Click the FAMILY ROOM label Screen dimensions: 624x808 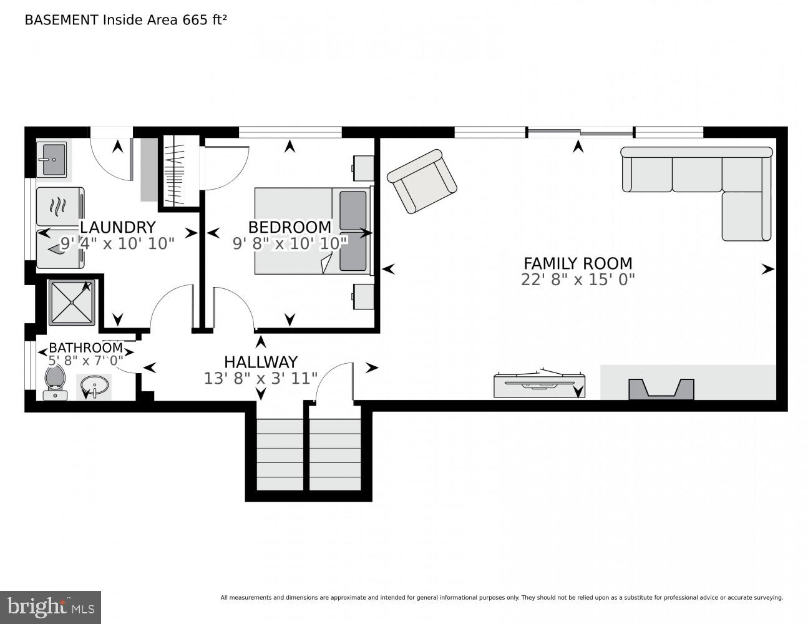pyautogui.click(x=578, y=263)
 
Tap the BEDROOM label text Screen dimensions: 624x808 pyautogui.click(x=290, y=227)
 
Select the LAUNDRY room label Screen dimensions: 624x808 pyautogui.click(x=117, y=227)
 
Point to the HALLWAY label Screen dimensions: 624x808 pyautogui.click(x=260, y=362)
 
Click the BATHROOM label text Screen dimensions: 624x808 pyautogui.click(x=85, y=348)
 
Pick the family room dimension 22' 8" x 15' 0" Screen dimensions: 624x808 pyautogui.click(x=578, y=280)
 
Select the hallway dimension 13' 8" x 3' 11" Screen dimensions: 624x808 pyautogui.click(x=260, y=378)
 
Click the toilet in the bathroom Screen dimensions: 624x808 pyautogui.click(x=55, y=382)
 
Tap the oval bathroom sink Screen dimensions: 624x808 pyautogui.click(x=94, y=387)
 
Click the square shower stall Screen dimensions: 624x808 pyautogui.click(x=72, y=303)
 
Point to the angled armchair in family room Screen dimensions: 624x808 pyautogui.click(x=422, y=181)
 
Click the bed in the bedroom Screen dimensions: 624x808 pyautogui.click(x=312, y=231)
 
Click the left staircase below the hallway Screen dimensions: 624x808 pyautogui.click(x=281, y=454)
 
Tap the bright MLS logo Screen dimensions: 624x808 pyautogui.click(x=51, y=607)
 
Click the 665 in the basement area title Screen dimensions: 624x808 pyautogui.click(x=195, y=19)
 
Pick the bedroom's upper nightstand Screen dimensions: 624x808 pyautogui.click(x=363, y=168)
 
